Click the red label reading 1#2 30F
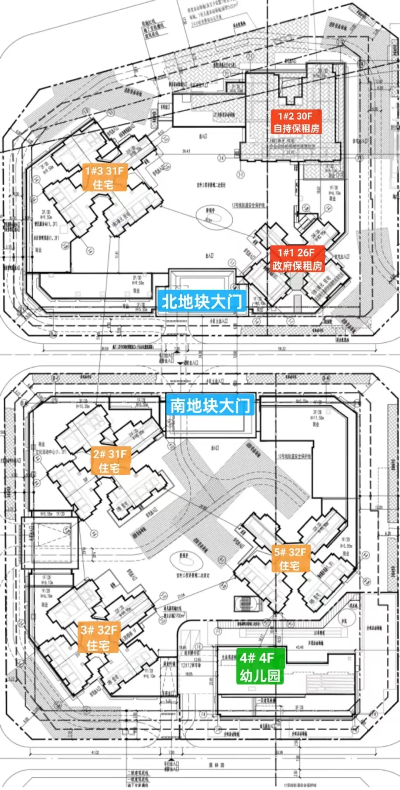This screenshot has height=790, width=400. (296, 122)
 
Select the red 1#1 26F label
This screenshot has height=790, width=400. (297, 259)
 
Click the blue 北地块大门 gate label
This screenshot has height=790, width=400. (201, 302)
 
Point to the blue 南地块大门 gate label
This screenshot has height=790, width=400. (210, 405)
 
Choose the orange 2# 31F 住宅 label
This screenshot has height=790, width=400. (110, 461)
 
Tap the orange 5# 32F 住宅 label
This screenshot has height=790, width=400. (290, 559)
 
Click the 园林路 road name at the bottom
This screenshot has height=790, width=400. (216, 765)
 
